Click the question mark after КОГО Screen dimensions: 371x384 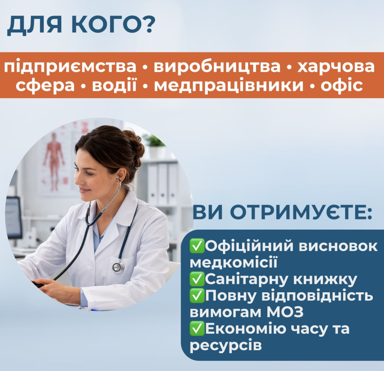click(x=148, y=26)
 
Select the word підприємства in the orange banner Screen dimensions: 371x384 click(x=70, y=67)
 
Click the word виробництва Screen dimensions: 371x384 click(x=217, y=67)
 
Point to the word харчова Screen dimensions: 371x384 click(x=336, y=67)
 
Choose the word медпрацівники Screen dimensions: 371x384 click(x=229, y=86)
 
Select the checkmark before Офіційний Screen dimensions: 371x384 click(x=198, y=247)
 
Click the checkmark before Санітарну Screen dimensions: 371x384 click(x=198, y=279)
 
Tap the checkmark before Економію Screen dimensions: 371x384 click(x=198, y=329)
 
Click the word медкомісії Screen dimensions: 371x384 click(x=233, y=263)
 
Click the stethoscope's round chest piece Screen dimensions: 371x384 click(x=118, y=267)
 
